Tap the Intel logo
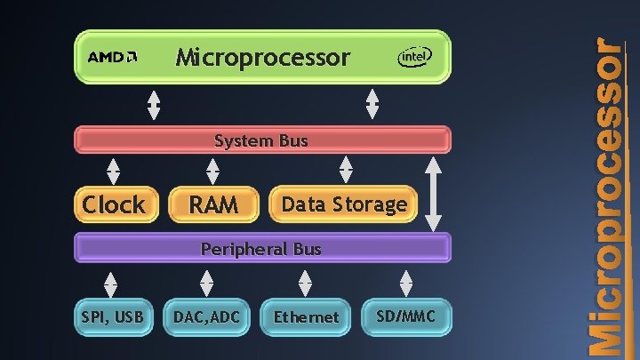pyautogui.click(x=414, y=58)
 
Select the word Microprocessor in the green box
pyautogui.click(x=263, y=58)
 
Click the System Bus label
pyautogui.click(x=261, y=140)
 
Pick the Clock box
pyautogui.click(x=113, y=204)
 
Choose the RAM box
pyautogui.click(x=213, y=204)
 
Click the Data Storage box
pyautogui.click(x=344, y=204)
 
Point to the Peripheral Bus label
pyautogui.click(x=261, y=249)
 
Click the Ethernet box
pyautogui.click(x=306, y=316)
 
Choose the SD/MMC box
pyautogui.click(x=407, y=316)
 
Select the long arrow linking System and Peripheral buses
pyautogui.click(x=433, y=194)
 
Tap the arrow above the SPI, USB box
pyautogui.click(x=110, y=283)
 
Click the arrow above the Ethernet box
pyautogui.click(x=305, y=283)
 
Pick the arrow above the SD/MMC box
pyautogui.click(x=406, y=283)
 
